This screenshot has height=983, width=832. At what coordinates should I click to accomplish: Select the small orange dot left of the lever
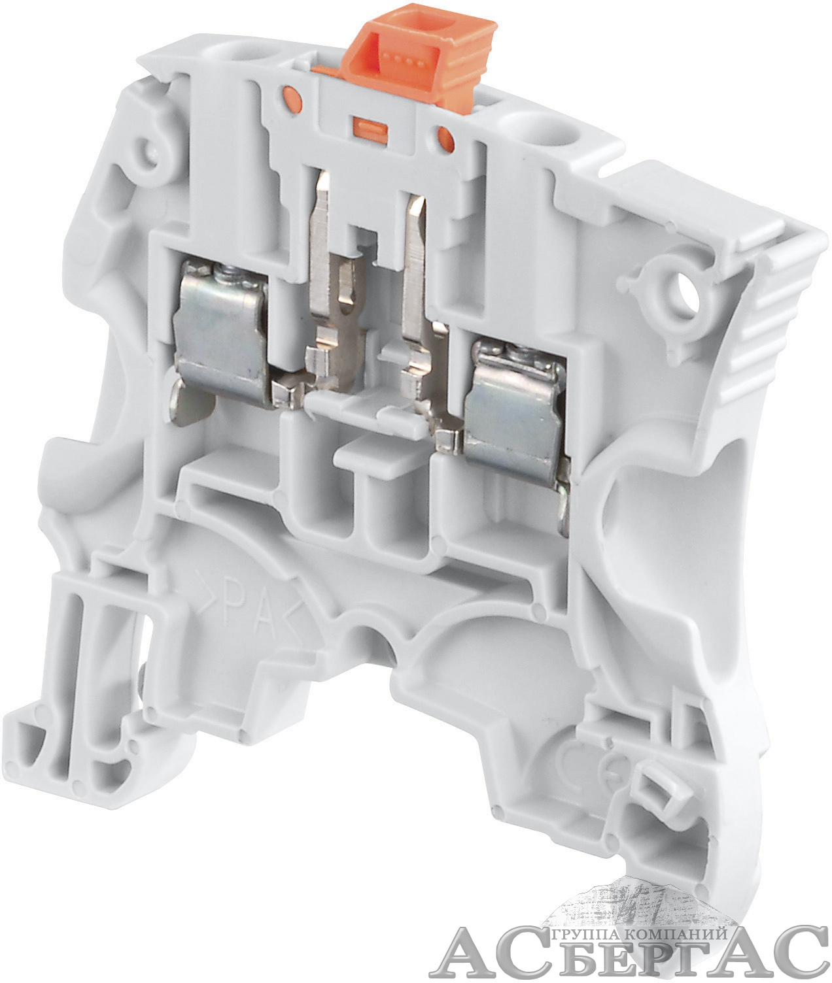coord(292,95)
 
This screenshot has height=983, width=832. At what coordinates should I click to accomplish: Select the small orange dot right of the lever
coord(444,137)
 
